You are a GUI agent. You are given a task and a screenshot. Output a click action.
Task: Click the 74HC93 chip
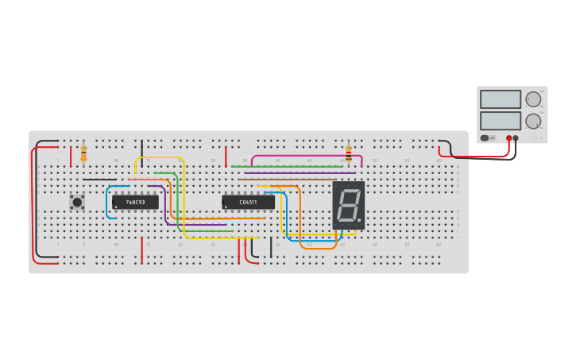135,202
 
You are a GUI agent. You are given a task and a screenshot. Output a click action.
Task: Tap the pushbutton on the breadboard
77,202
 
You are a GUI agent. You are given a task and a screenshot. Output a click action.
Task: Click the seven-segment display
348,205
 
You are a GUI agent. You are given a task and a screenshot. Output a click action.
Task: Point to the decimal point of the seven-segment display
359,220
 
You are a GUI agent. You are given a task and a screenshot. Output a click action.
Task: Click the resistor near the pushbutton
83,153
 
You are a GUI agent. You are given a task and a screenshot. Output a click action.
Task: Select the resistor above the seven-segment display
348,153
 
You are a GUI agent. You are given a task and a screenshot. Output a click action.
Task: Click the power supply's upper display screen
501,99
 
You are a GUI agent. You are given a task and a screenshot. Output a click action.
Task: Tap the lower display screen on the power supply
501,120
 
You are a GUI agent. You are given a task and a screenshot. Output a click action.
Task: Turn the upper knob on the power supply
532,100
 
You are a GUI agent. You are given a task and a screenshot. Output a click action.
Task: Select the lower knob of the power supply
532,122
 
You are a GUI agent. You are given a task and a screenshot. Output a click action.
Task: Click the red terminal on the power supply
509,138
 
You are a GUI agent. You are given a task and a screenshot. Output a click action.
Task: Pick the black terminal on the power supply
516,138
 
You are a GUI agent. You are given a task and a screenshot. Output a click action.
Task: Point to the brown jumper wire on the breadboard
286,180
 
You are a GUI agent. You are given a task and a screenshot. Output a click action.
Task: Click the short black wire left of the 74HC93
99,180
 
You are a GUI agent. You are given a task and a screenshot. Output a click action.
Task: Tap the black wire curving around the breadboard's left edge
36,199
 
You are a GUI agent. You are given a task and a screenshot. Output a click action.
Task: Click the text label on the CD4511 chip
248,203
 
